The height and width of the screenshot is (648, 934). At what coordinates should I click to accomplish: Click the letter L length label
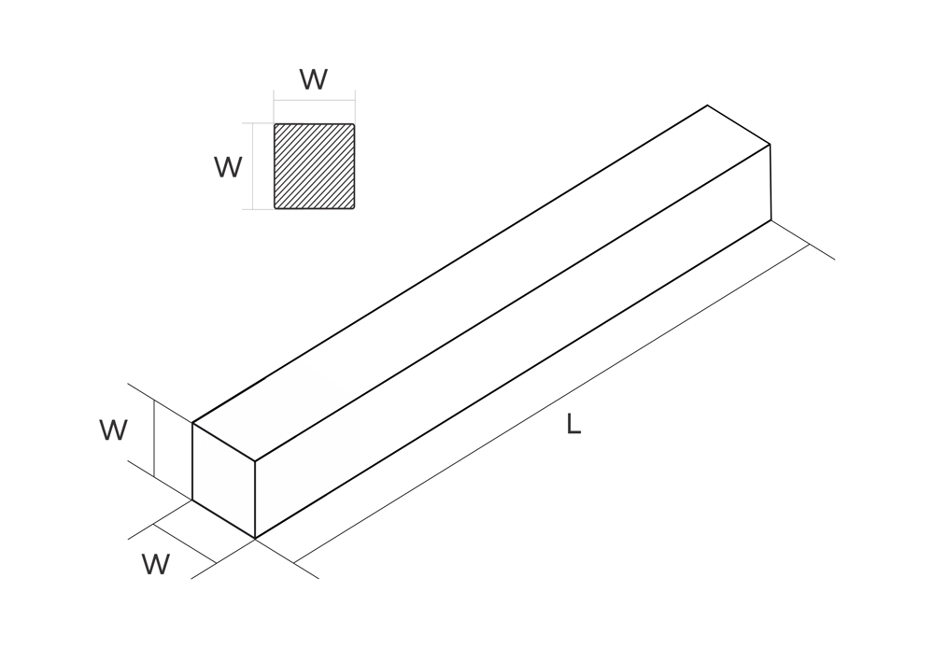pyautogui.click(x=573, y=424)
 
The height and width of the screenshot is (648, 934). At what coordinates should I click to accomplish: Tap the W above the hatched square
pyautogui.click(x=313, y=79)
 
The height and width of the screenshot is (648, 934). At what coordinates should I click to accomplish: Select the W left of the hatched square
pyautogui.click(x=228, y=167)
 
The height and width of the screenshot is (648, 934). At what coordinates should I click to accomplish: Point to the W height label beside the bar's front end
pyautogui.click(x=113, y=430)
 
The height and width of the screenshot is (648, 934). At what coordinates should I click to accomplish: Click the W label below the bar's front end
pyautogui.click(x=156, y=564)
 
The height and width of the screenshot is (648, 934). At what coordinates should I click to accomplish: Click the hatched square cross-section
pyautogui.click(x=314, y=166)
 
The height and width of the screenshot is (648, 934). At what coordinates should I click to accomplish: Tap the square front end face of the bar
pyautogui.click(x=223, y=480)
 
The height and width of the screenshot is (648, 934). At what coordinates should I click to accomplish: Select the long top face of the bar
pyautogui.click(x=481, y=283)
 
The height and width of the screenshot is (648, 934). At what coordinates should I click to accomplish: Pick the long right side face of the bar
pyautogui.click(x=513, y=341)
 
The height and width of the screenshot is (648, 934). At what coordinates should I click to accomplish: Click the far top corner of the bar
pyautogui.click(x=708, y=106)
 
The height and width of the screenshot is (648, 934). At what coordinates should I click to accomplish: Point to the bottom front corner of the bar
pyautogui.click(x=255, y=539)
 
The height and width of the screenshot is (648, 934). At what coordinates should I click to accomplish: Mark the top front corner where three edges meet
pyautogui.click(x=255, y=461)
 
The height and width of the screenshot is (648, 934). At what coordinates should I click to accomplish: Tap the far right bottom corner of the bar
pyautogui.click(x=771, y=220)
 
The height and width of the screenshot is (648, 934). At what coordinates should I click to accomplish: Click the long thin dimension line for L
pyautogui.click(x=552, y=403)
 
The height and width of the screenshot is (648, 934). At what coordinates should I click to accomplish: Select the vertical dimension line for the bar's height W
pyautogui.click(x=154, y=438)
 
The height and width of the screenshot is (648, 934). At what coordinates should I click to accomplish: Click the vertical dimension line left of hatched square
pyautogui.click(x=253, y=166)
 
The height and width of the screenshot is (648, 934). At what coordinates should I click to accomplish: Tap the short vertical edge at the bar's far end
pyautogui.click(x=771, y=182)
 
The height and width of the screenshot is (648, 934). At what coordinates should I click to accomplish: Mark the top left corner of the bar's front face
pyautogui.click(x=192, y=423)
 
